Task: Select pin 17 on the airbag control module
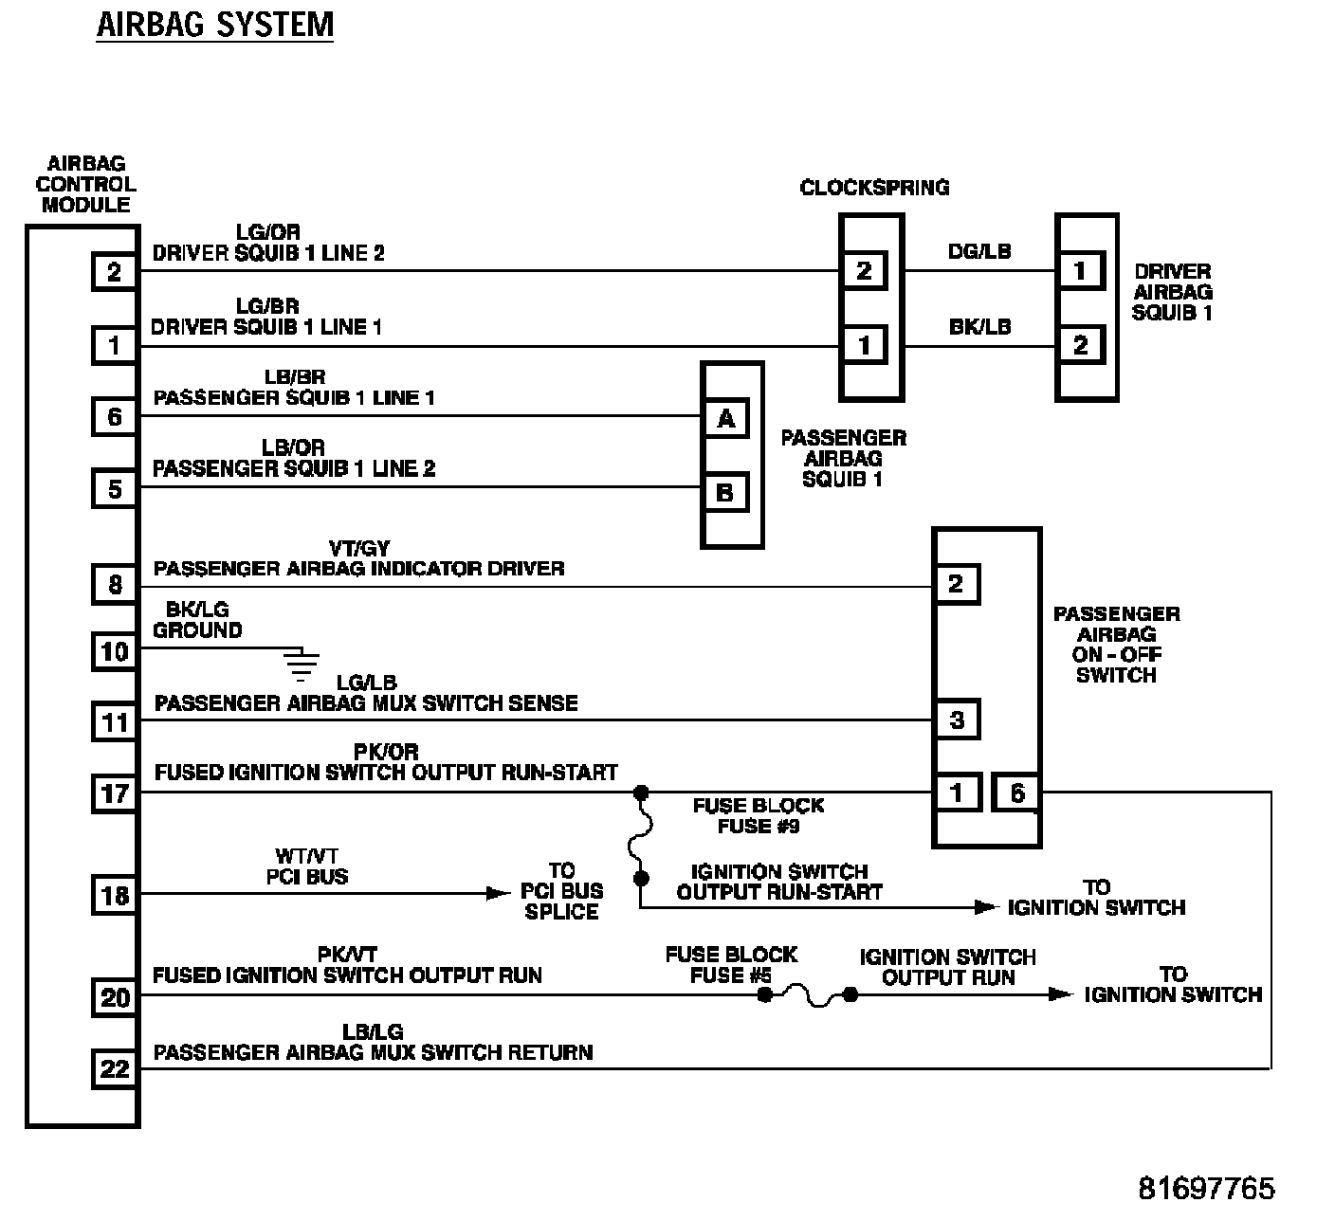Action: click(x=115, y=793)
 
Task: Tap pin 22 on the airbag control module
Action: click(x=115, y=1069)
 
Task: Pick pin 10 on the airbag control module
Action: click(x=115, y=651)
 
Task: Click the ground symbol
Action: click(x=302, y=666)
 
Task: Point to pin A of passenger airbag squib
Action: click(x=726, y=418)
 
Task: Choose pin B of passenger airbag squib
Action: click(x=726, y=492)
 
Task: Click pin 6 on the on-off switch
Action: click(x=1016, y=793)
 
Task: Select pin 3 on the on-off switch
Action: click(x=956, y=720)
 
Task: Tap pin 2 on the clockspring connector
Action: click(x=864, y=271)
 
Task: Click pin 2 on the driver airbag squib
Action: click(x=1080, y=345)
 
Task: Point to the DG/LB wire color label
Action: click(x=979, y=251)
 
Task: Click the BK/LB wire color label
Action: click(x=979, y=327)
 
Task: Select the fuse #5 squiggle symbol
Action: click(x=808, y=995)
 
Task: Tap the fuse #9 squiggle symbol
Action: click(x=641, y=835)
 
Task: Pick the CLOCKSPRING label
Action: click(x=874, y=188)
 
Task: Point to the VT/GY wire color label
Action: click(x=358, y=549)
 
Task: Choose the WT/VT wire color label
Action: click(x=306, y=857)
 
